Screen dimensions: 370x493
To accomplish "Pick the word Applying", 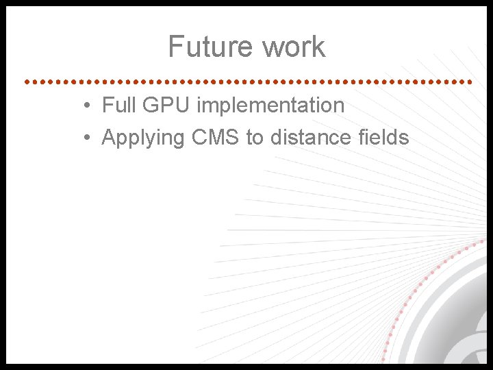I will [143, 138].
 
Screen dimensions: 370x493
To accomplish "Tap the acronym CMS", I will [216, 138].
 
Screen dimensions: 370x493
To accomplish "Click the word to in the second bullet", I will [255, 138].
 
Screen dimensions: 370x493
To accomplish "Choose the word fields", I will [383, 138].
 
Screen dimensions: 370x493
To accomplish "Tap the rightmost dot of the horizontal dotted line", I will [470, 81].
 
